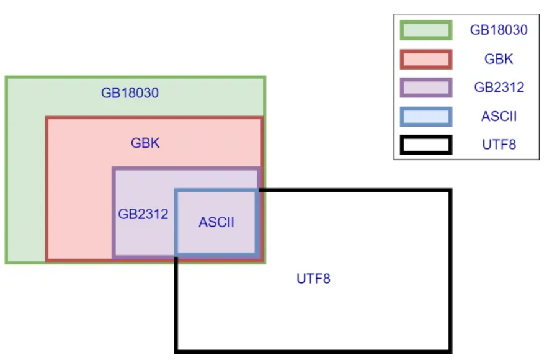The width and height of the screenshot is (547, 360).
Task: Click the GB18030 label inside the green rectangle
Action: coord(130,94)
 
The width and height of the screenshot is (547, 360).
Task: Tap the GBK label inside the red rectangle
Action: coord(145,143)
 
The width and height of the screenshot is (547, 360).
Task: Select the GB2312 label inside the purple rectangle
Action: coord(143,214)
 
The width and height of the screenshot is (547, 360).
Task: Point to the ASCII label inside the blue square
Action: coord(216,222)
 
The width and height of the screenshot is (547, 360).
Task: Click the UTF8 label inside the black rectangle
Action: coord(313,279)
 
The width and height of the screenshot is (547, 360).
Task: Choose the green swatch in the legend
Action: coord(425,30)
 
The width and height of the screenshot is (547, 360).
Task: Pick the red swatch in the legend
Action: coord(425,59)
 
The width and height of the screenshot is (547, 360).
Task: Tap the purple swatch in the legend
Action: coord(425,88)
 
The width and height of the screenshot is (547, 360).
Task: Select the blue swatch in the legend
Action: coord(425,116)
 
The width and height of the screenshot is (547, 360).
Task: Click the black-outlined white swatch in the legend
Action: coord(425,145)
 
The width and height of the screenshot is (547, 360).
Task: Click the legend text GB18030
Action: coord(499,30)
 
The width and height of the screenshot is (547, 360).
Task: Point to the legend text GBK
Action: coord(499,59)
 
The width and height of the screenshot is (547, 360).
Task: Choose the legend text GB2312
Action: coord(499,88)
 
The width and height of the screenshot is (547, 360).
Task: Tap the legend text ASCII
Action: coord(499,116)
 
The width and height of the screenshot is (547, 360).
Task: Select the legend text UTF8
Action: coord(499,145)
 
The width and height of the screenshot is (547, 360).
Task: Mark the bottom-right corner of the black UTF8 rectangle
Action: coord(450,350)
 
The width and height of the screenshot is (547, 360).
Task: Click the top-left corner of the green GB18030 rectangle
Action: coord(6,78)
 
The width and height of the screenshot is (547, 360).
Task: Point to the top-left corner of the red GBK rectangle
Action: coord(47,117)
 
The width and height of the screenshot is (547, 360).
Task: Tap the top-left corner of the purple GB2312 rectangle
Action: coord(113,168)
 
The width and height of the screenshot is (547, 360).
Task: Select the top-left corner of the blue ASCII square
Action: coord(177,191)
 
